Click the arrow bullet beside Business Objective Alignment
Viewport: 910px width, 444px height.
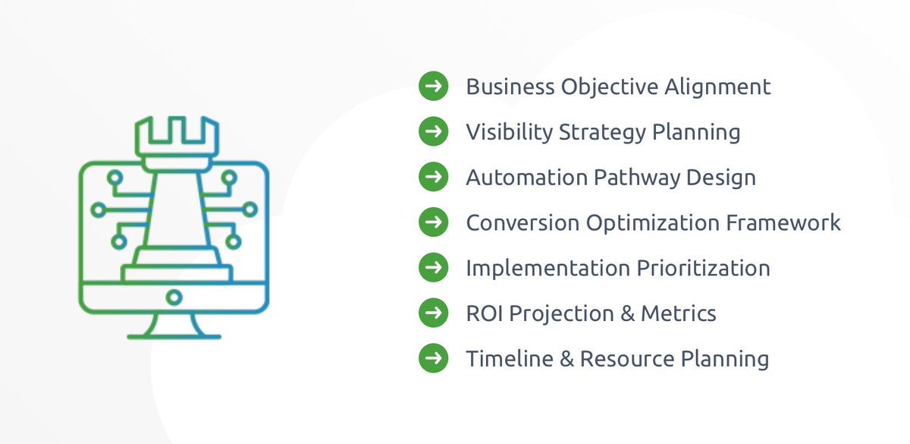(x=433, y=86)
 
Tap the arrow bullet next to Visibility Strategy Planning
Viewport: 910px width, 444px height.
(x=433, y=131)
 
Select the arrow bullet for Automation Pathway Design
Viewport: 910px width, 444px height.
(x=433, y=177)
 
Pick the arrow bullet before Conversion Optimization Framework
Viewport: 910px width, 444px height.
(x=433, y=222)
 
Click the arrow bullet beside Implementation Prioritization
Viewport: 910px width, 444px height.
(x=433, y=268)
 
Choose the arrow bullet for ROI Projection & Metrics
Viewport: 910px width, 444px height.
(x=433, y=313)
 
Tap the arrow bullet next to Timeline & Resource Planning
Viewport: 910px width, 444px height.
(x=433, y=358)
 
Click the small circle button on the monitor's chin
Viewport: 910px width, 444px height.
(x=174, y=295)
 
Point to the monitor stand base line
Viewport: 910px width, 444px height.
(x=174, y=335)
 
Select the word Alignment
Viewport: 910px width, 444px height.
(x=717, y=87)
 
